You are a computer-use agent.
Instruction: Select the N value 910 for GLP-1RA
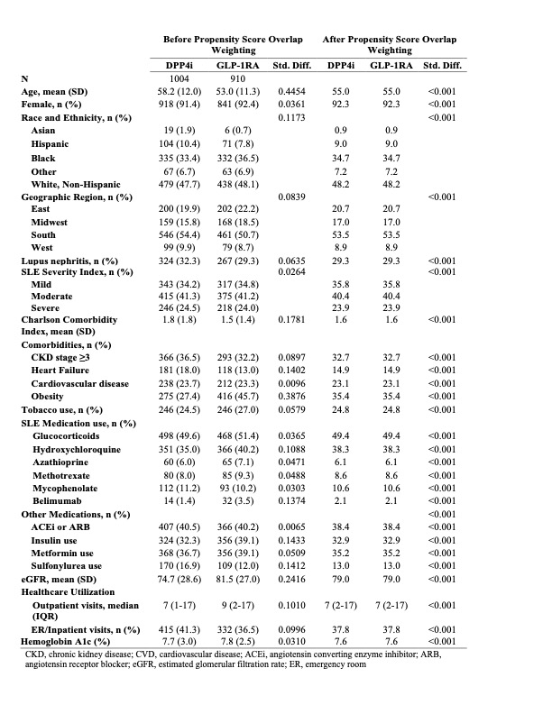click(x=238, y=79)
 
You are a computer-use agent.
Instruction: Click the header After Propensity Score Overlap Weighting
click(x=390, y=45)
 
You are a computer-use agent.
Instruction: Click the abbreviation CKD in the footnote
click(x=37, y=652)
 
